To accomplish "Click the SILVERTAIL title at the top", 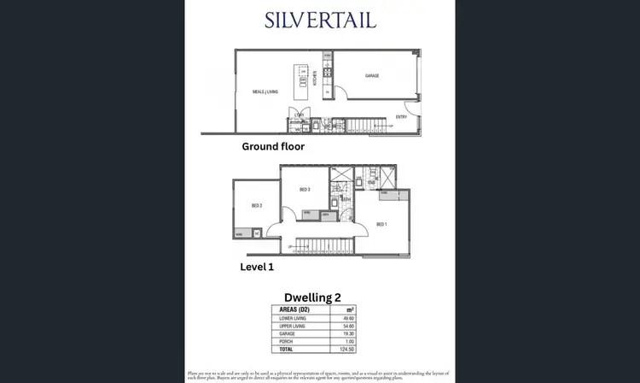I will (320, 21).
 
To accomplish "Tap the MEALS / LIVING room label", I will (265, 91).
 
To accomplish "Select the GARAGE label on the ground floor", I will (372, 76).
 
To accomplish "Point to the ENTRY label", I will (401, 116).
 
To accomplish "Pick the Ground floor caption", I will (272, 146).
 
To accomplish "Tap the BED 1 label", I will (382, 224).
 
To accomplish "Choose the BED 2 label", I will (256, 206).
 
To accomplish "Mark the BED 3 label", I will (304, 190).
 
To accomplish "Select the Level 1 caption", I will (257, 267).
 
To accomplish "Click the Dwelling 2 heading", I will (318, 298).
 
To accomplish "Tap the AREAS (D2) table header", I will (293, 309).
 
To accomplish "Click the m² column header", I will (350, 309).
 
